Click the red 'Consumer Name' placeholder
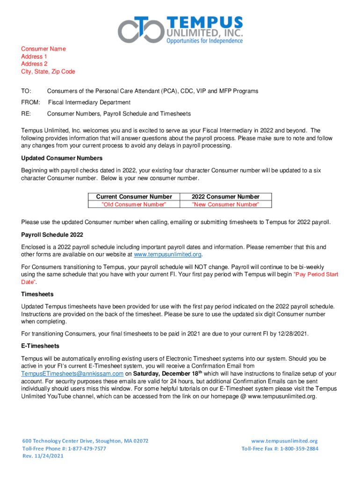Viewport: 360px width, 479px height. click(x=43, y=49)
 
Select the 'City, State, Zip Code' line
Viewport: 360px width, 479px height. click(x=48, y=72)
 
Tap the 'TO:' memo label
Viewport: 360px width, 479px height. click(x=26, y=91)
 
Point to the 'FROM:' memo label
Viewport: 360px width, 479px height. click(x=30, y=102)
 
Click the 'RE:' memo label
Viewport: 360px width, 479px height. click(x=26, y=114)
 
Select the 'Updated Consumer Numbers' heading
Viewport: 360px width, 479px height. click(x=62, y=158)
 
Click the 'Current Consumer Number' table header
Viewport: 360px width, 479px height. click(x=134, y=197)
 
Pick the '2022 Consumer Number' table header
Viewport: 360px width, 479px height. click(x=225, y=197)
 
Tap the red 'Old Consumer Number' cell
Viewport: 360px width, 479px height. click(x=134, y=204)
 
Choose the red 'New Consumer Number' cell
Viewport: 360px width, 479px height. click(x=225, y=204)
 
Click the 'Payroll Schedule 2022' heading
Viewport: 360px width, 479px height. click(x=52, y=234)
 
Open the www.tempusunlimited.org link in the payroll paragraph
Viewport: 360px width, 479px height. click(x=167, y=254)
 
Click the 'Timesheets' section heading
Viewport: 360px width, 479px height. click(x=37, y=294)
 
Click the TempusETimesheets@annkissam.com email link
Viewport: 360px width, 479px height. click(x=72, y=374)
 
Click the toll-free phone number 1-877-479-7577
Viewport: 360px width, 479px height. click(x=87, y=449)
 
